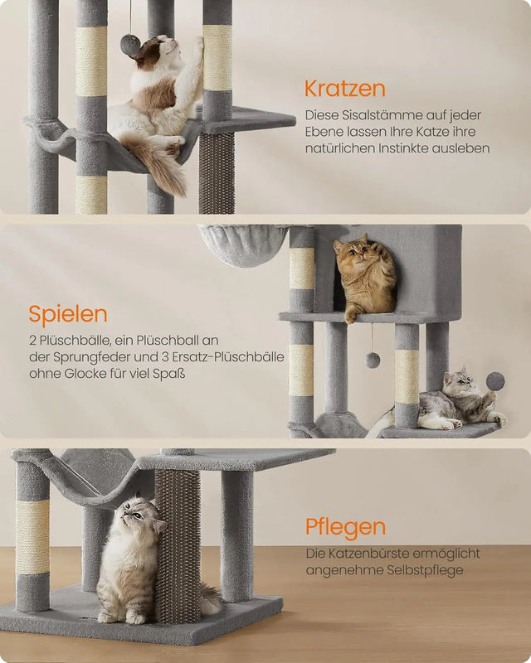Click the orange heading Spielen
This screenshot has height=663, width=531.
tap(67, 314)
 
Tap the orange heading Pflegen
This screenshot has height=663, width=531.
tap(345, 527)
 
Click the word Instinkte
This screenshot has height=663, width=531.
tap(407, 148)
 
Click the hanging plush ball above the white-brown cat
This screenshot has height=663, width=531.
tap(130, 45)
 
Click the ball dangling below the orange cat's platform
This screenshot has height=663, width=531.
tap(373, 360)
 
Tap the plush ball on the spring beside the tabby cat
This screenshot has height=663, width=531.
tap(495, 381)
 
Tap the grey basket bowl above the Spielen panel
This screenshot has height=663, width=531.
tap(243, 245)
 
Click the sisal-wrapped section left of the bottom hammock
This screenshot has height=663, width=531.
tap(32, 536)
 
